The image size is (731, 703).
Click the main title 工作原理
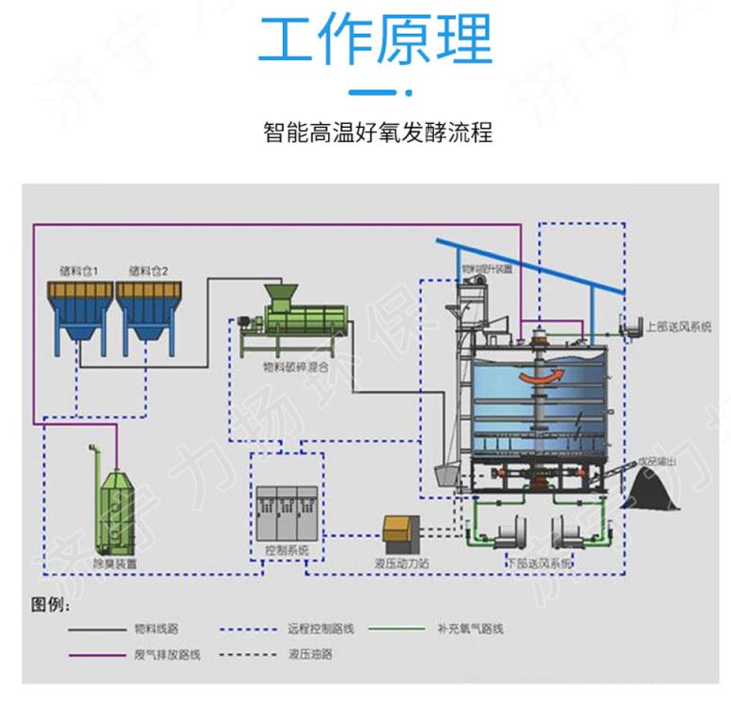pyautogui.click(x=375, y=41)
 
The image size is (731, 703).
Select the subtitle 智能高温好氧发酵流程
pyautogui.click(x=378, y=133)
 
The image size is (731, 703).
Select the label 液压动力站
pyautogui.click(x=403, y=564)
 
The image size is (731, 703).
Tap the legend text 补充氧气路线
pyautogui.click(x=470, y=628)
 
